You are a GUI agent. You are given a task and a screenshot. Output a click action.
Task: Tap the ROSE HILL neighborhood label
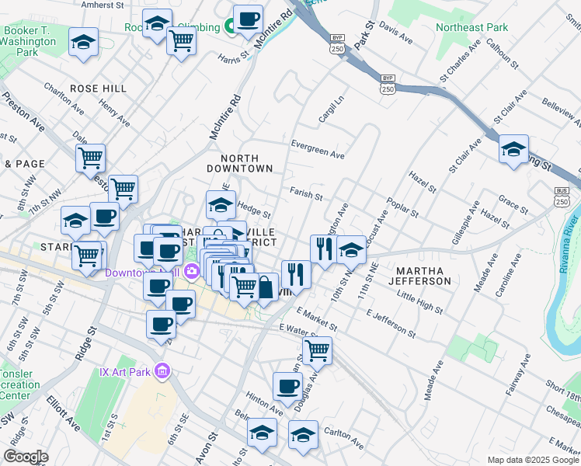[98, 89]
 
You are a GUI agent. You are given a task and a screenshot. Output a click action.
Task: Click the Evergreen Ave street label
[317, 149]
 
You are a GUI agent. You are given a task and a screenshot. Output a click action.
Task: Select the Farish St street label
[305, 193]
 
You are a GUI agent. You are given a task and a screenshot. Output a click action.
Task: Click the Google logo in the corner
[26, 456]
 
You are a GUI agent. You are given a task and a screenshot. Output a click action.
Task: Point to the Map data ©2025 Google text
[532, 460]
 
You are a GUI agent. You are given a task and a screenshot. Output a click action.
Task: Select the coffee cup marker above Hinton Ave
[287, 386]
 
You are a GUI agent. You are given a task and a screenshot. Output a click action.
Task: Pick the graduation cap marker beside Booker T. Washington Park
[83, 43]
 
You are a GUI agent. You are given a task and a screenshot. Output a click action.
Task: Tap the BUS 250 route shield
[562, 196]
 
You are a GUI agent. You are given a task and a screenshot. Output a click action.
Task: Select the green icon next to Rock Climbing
[230, 28]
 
